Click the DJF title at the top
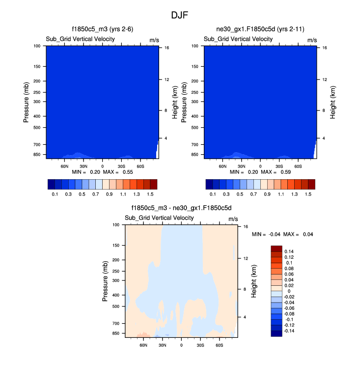click(x=180, y=15)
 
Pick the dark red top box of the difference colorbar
click(x=277, y=249)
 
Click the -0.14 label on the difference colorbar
click(x=290, y=330)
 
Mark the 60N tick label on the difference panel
click(x=143, y=345)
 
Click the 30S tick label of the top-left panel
click(x=121, y=166)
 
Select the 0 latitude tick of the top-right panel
click(x=260, y=166)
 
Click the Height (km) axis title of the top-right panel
click(x=333, y=102)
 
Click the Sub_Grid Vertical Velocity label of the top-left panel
click(x=81, y=39)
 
